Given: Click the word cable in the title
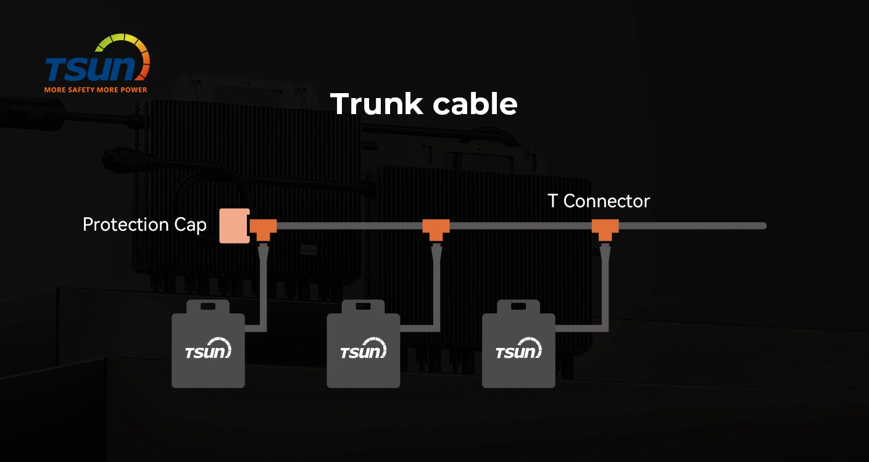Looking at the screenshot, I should coord(475,104).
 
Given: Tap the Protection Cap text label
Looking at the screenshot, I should coord(144,225).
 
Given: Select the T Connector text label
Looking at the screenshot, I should coord(599,201).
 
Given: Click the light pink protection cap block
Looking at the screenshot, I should coord(234,226).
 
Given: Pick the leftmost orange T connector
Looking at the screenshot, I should coord(263,228).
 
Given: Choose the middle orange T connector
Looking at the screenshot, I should coord(436,228).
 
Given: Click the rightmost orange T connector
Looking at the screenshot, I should coord(605,228).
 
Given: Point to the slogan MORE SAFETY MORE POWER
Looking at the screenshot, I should coord(96,89).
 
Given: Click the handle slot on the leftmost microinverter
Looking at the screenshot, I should coord(208,307).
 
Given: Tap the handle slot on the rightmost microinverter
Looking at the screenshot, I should coord(518,307).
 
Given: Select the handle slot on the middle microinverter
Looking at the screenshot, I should coord(363,307).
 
